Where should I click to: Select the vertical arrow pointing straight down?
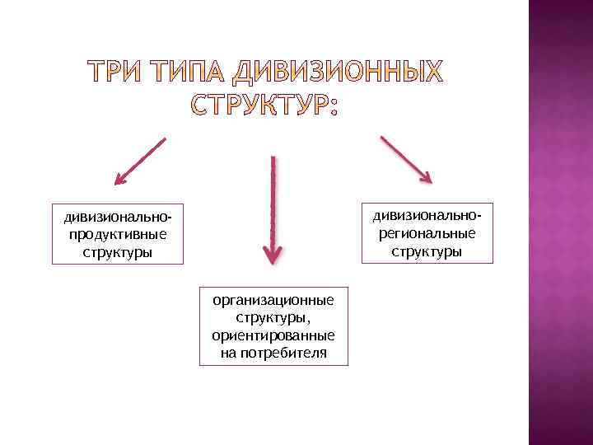tap(273, 206)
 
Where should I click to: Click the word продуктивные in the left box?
tap(118, 234)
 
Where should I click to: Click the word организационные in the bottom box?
tap(273, 299)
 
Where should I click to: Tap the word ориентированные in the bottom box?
tap(273, 335)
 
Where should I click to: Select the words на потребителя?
tap(273, 353)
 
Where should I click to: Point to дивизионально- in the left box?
tap(118, 217)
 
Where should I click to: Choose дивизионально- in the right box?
tap(427, 215)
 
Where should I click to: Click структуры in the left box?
tap(118, 252)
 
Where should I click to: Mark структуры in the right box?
tap(427, 251)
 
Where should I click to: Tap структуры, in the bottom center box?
tap(273, 317)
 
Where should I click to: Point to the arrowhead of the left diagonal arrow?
tap(120, 177)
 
